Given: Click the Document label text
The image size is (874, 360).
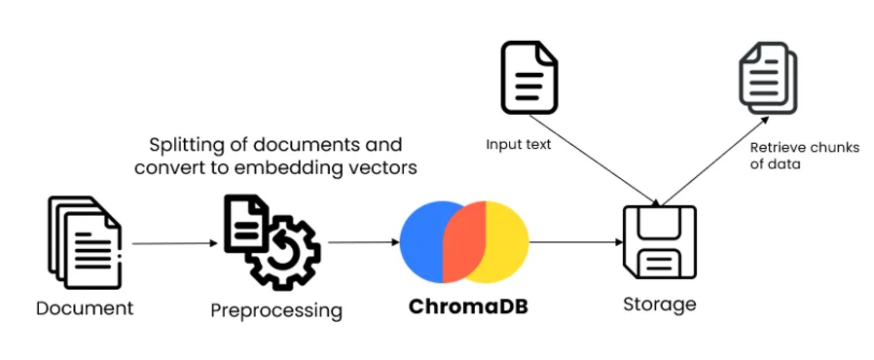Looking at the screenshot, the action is [x=85, y=308].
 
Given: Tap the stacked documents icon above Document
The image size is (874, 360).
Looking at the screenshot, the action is [x=85, y=242].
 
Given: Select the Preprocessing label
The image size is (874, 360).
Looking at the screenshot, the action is [x=276, y=310].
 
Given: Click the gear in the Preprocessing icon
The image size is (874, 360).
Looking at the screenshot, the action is [x=284, y=254].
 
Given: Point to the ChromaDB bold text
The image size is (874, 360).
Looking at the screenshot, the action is [x=468, y=307].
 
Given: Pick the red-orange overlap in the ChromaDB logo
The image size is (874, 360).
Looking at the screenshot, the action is [x=463, y=242].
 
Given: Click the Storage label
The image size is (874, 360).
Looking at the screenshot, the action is [x=660, y=305].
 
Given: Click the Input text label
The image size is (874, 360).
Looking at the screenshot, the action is [x=519, y=145].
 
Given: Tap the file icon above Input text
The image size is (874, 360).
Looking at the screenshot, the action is [x=528, y=78].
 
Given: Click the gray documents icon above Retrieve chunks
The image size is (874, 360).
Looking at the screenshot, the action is [x=768, y=77].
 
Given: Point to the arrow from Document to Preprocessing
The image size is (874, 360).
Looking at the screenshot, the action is [x=174, y=243].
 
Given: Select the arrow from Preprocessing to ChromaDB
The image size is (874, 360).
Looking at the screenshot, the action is [x=364, y=242].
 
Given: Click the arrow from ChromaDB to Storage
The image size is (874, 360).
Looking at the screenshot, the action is [x=576, y=242].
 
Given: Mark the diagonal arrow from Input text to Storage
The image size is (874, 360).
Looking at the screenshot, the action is [x=595, y=160].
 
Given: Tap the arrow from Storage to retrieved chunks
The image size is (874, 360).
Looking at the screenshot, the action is [x=715, y=161].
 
